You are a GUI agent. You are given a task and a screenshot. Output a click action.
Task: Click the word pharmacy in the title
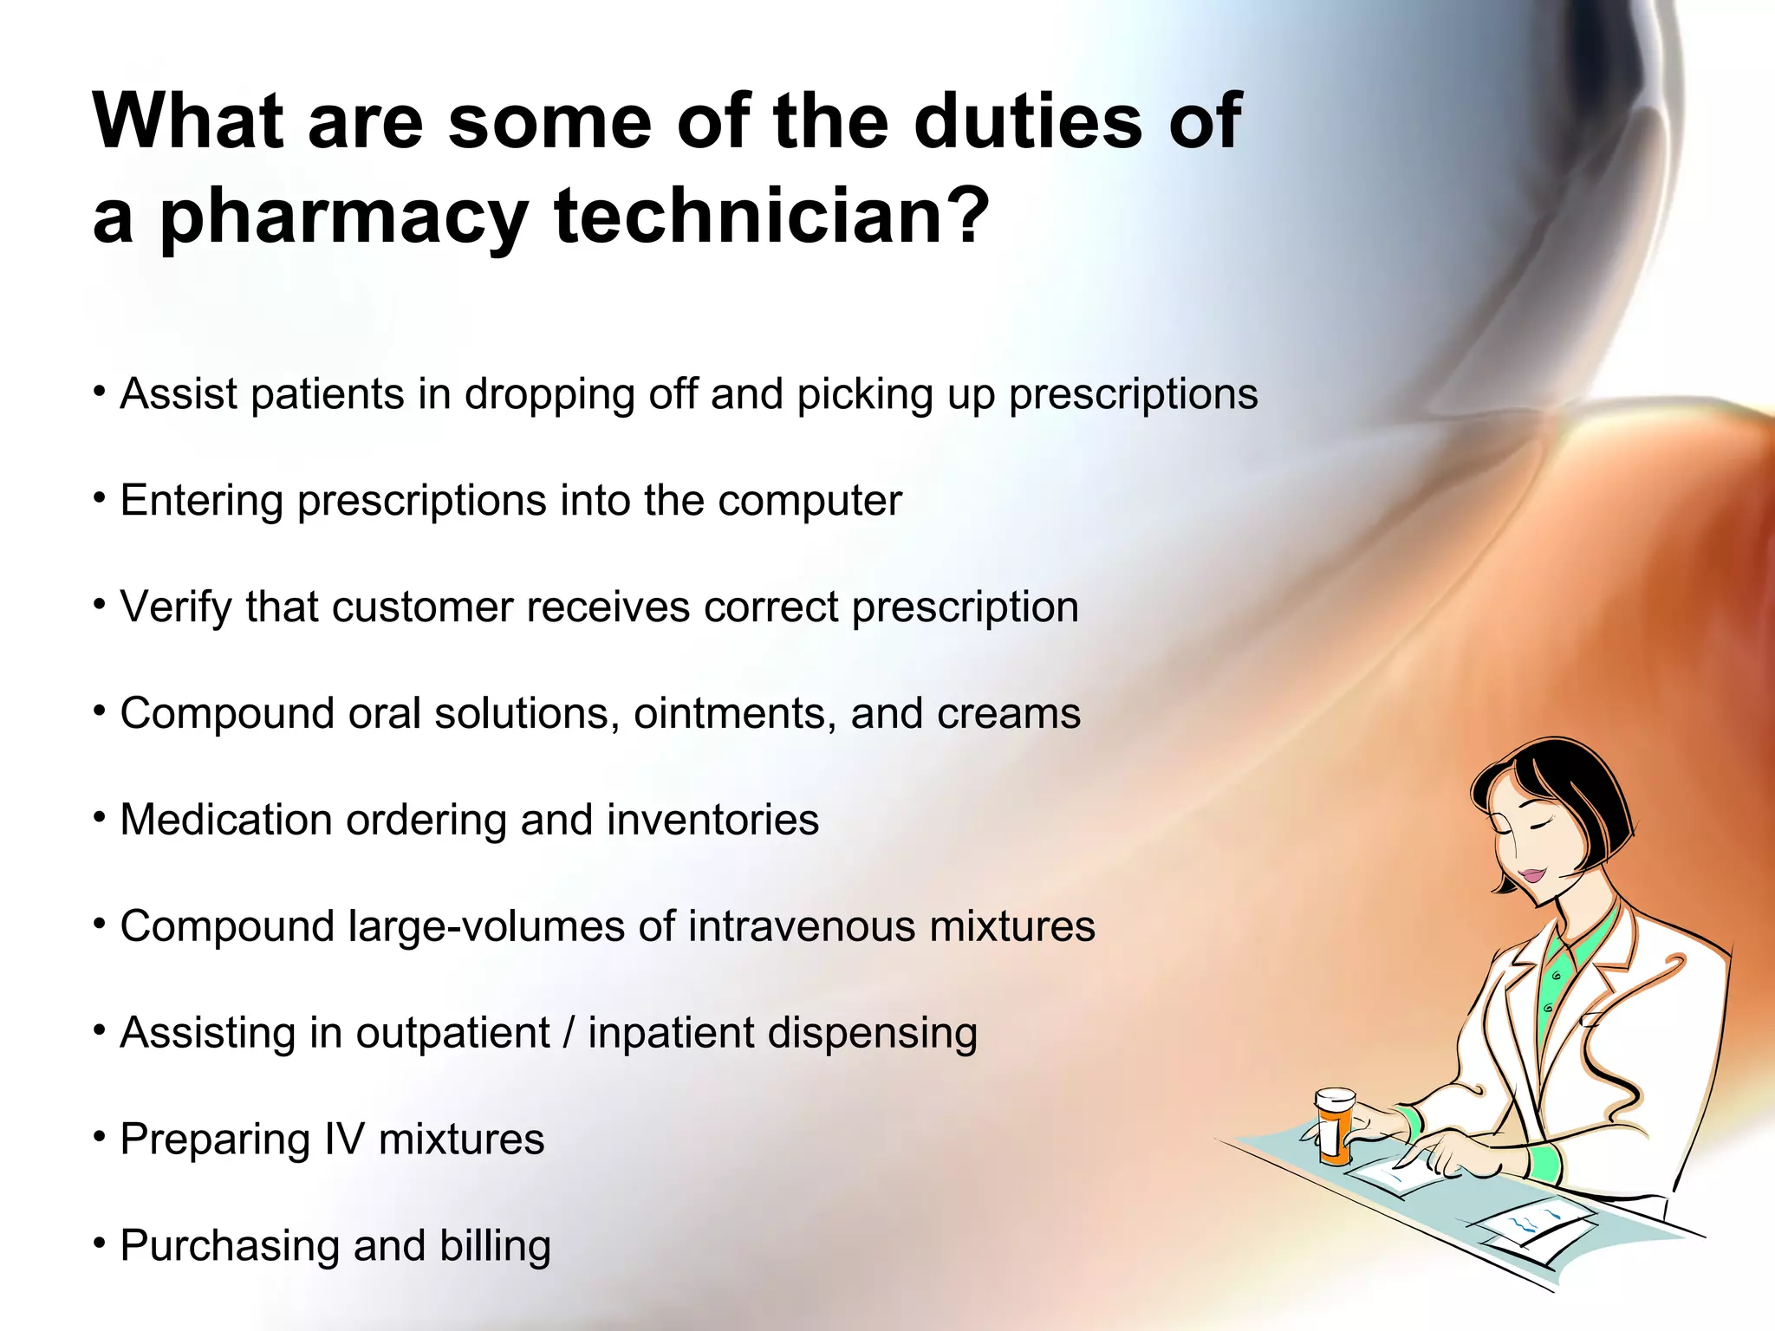click(x=344, y=217)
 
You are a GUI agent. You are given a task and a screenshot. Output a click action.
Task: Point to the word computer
click(x=809, y=501)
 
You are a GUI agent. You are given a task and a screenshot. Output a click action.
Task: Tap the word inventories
click(x=712, y=820)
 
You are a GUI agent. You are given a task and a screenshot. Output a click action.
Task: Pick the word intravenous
click(x=802, y=926)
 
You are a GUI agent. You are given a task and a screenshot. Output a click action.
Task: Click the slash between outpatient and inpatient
click(x=569, y=1033)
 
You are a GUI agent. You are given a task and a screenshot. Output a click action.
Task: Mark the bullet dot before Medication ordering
click(x=101, y=817)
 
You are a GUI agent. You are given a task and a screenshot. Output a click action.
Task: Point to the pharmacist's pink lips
click(x=1532, y=874)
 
